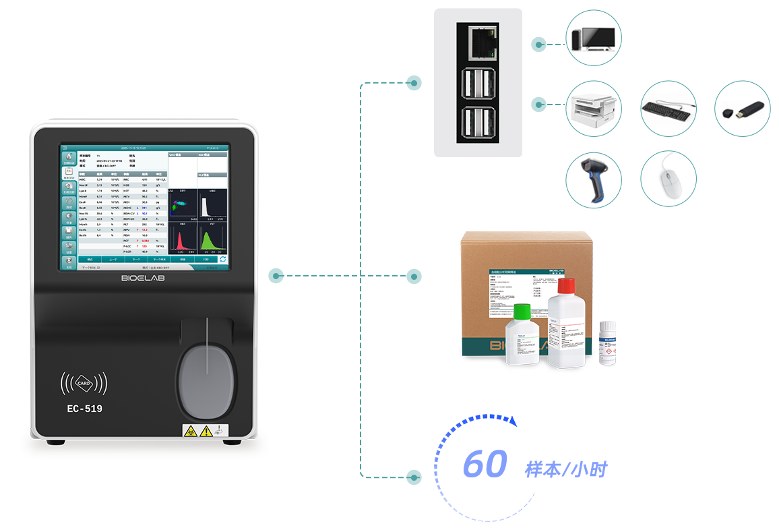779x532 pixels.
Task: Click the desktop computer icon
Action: tap(593, 38)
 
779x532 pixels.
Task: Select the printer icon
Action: tap(593, 109)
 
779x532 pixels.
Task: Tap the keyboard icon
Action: tap(667, 109)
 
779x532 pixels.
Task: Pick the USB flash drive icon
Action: tap(741, 109)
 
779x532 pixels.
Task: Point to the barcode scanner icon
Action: tap(593, 179)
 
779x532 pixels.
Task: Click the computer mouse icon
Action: tap(667, 179)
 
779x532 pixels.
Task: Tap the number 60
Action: tap(485, 465)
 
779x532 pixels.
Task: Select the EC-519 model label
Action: tap(85, 408)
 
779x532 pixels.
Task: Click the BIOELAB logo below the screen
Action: tap(143, 278)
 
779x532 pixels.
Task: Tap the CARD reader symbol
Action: tap(84, 383)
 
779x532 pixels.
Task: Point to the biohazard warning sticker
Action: tap(190, 431)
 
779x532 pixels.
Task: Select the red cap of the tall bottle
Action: tap(564, 287)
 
